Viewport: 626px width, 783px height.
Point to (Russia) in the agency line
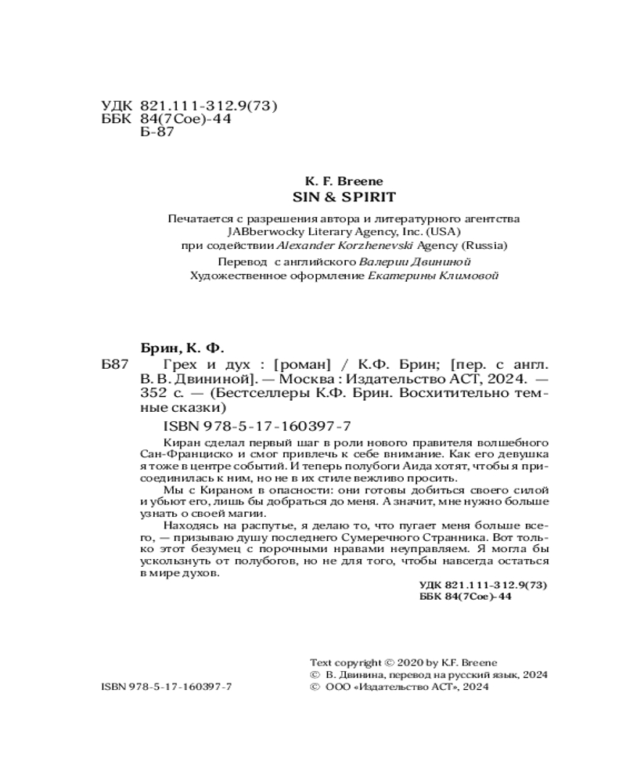(487, 244)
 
